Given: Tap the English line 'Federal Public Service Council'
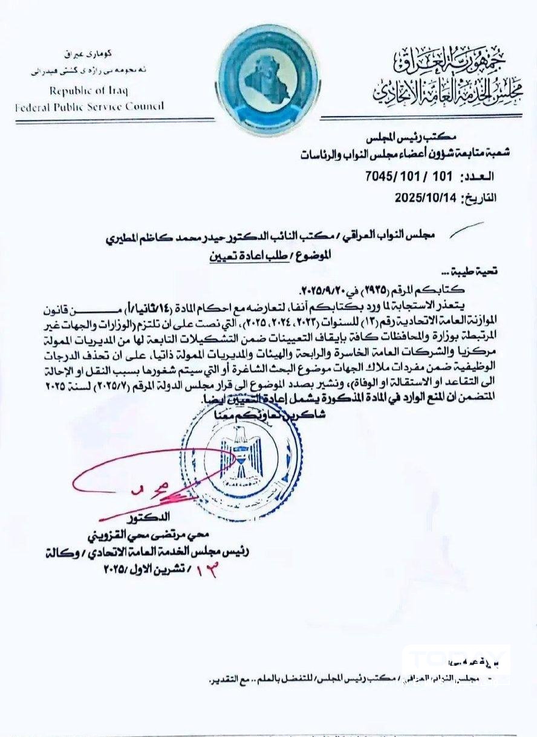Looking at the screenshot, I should (x=89, y=106).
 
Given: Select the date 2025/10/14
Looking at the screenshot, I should (x=426, y=198).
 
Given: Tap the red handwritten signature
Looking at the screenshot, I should (x=145, y=477).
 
